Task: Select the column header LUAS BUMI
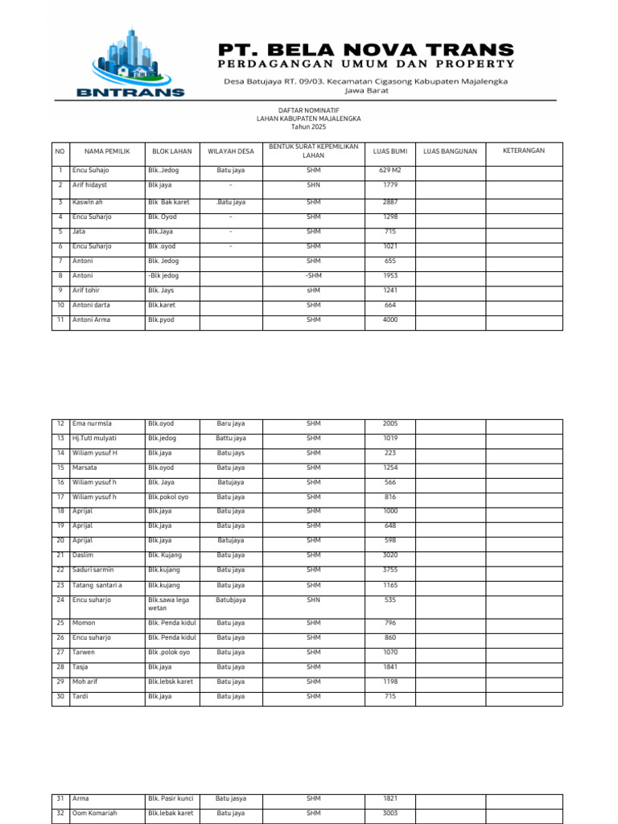(390, 150)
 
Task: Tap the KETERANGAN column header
(524, 150)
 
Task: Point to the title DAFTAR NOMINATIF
(308, 110)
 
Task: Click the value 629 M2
(390, 171)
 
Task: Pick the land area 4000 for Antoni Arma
(390, 319)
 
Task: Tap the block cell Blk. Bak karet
(169, 202)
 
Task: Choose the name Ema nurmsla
(92, 423)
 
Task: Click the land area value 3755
(390, 570)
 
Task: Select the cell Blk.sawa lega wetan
(169, 604)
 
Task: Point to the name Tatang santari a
(97, 585)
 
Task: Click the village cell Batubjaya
(231, 599)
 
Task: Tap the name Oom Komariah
(94, 814)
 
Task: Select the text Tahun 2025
(308, 127)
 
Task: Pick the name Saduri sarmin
(93, 570)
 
